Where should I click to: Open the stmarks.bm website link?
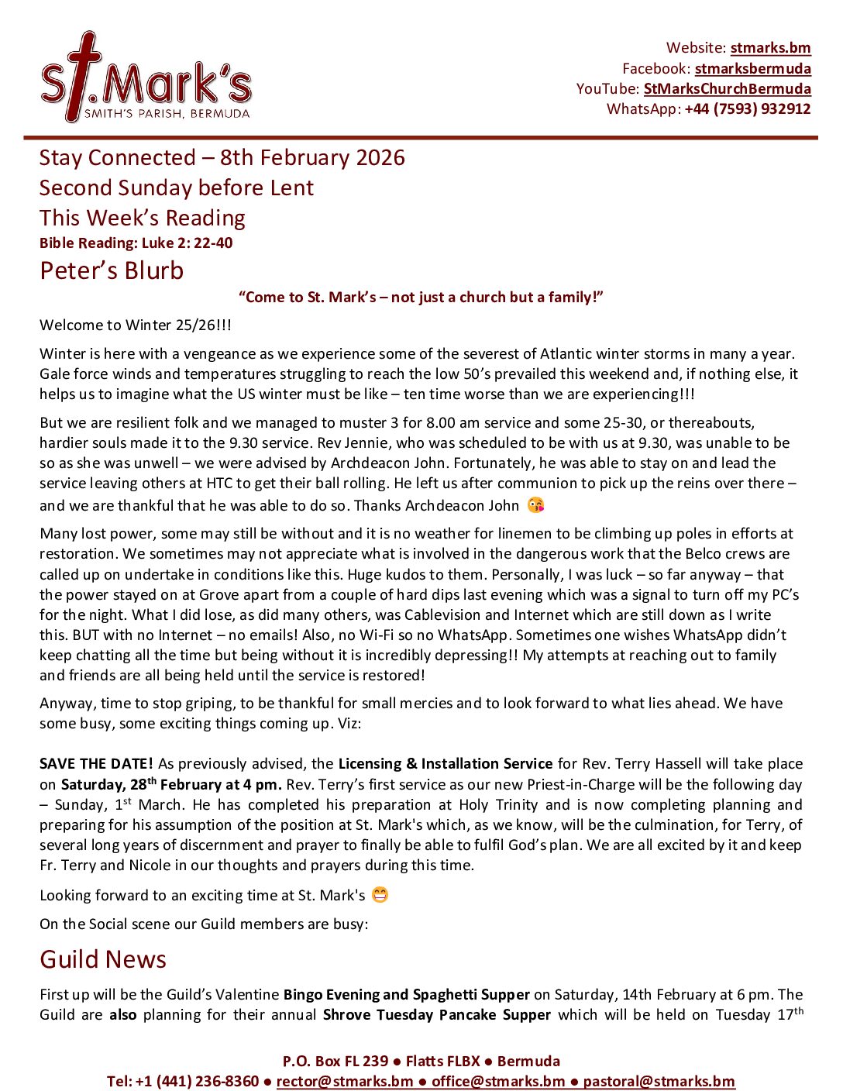point(770,48)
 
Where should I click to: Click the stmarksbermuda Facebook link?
point(752,68)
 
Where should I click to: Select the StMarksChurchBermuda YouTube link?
point(727,88)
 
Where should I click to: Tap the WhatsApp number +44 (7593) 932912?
point(747,108)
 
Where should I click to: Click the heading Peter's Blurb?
point(112,270)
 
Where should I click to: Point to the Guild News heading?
point(103,959)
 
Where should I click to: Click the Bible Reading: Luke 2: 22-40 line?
point(136,243)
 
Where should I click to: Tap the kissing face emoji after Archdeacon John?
point(535,505)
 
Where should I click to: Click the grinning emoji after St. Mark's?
point(380,895)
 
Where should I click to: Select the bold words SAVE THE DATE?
point(96,763)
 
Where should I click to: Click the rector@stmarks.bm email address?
point(344,1081)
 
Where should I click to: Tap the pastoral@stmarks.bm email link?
point(659,1081)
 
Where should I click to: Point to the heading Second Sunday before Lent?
point(177,188)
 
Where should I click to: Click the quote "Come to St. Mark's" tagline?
point(421,298)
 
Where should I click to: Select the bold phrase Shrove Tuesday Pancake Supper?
point(436,1014)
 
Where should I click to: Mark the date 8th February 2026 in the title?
point(312,157)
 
